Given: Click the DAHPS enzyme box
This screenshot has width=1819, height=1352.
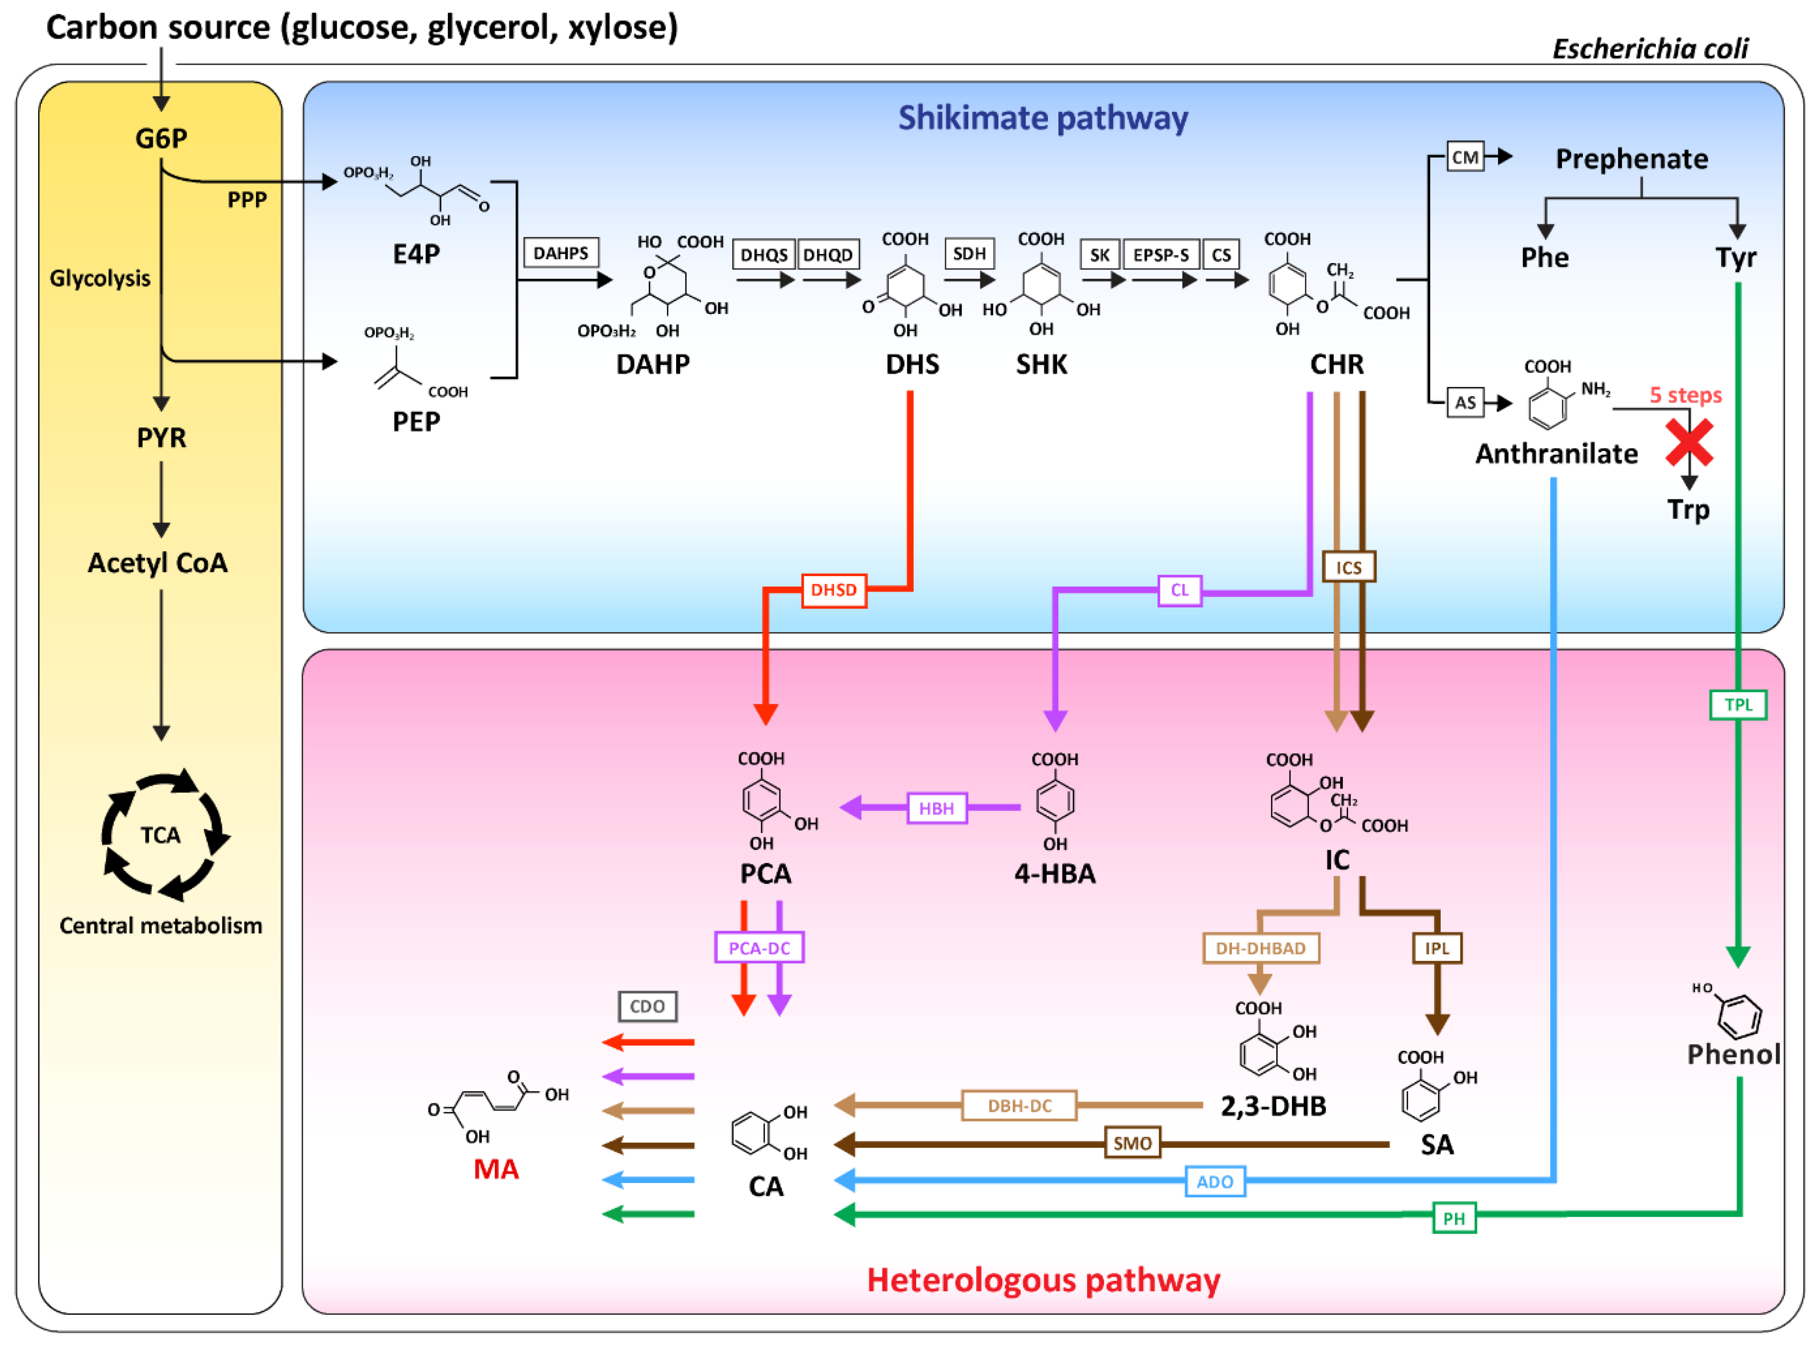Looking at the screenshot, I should pos(561,253).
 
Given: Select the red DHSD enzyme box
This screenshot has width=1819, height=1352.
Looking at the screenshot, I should pos(833,590).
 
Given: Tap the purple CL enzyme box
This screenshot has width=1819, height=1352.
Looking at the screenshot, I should pos(1179,590).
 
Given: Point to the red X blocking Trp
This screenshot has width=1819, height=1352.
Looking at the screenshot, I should pos(1689,443).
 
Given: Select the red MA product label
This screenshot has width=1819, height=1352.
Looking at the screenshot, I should pos(496,1169).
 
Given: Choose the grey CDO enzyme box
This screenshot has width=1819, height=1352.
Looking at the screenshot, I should pos(647,1007).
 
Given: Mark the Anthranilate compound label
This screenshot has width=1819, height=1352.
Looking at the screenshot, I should pos(1556,453).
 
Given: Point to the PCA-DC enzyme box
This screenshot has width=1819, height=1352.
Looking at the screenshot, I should pos(759,948).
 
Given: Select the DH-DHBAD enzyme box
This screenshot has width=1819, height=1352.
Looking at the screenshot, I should pos(1260,948).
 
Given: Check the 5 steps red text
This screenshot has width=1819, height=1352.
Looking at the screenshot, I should pos(1685,395).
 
